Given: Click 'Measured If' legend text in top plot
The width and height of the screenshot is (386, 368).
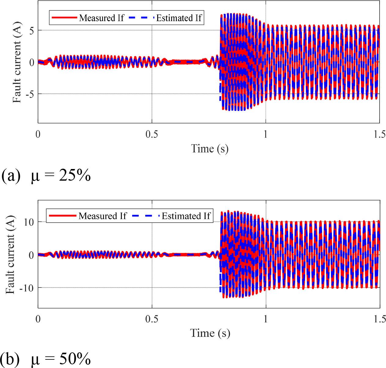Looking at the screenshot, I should point(102,18).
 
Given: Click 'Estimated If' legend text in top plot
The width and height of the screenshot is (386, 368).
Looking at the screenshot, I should point(179,18).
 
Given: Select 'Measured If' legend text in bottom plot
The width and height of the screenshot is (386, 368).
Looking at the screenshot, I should point(102,216).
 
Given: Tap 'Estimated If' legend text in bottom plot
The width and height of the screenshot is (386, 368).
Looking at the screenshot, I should point(186,216).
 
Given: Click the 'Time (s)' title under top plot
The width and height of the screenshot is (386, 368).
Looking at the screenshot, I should point(210,149).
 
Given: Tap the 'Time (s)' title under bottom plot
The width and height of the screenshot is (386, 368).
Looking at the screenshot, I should point(210,333).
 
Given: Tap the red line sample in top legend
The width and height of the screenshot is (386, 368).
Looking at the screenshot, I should point(64,18).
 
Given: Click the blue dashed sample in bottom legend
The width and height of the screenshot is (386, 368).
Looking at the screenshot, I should point(146,216).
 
